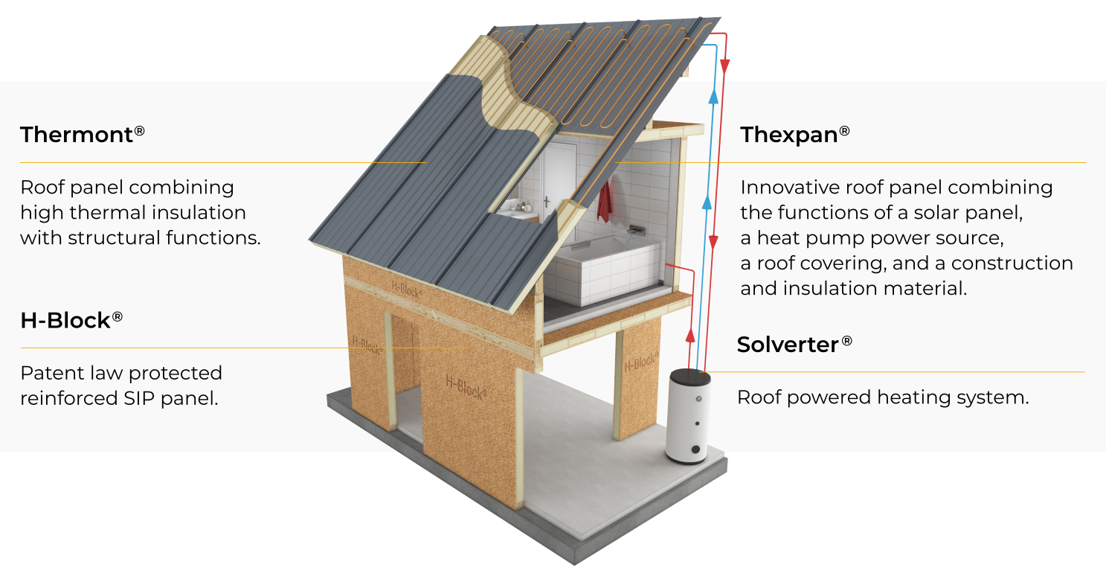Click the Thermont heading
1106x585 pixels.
(x=82, y=135)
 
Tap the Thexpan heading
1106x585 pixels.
(x=794, y=135)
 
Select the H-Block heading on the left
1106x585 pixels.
(x=71, y=320)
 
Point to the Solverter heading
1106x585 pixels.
(x=794, y=345)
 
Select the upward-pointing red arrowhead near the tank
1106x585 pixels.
(x=690, y=336)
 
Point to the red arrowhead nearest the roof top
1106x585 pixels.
(x=724, y=66)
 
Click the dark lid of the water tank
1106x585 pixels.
(x=689, y=377)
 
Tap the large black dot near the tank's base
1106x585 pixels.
(x=695, y=449)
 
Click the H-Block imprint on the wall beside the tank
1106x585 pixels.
(x=641, y=362)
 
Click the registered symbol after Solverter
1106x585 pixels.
(x=846, y=340)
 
